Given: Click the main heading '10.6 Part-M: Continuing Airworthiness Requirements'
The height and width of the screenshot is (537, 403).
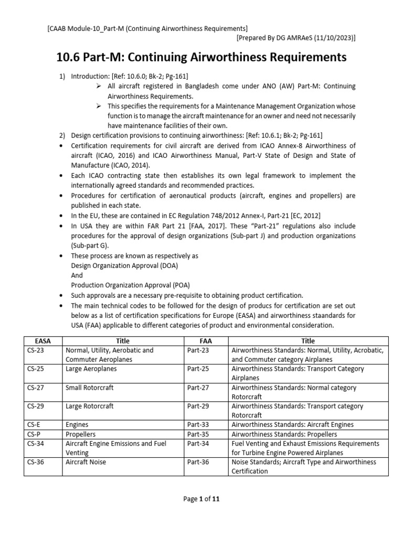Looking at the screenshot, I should coord(201,57).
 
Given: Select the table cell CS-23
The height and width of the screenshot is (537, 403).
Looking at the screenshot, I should coord(35,350).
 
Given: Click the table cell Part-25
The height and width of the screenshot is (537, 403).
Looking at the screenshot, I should coord(198,369).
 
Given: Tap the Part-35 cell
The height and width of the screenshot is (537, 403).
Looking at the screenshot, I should coord(198,434).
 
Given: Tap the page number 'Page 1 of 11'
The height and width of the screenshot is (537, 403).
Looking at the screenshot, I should coord(201,499).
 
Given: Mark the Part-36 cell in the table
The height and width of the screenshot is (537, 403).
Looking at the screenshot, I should coord(198,462).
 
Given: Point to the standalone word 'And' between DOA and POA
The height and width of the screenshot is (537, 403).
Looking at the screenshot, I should coord(77,275).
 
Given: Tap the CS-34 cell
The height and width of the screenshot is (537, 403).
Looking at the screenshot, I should coord(35,444).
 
